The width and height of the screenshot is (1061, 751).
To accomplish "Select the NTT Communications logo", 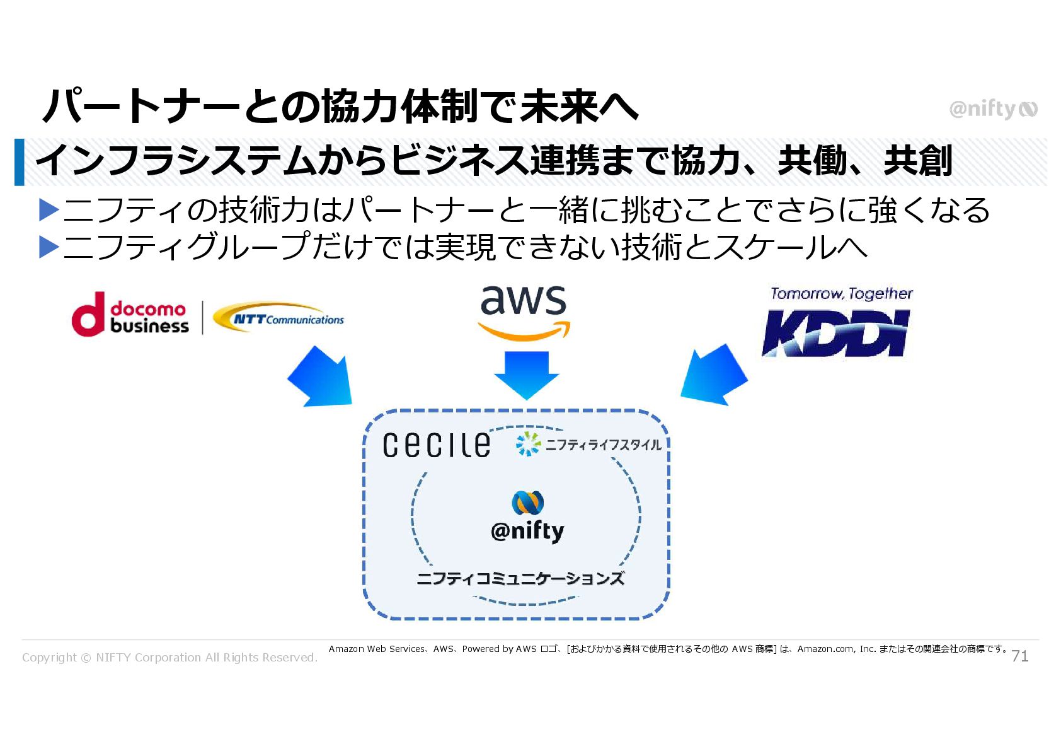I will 278,317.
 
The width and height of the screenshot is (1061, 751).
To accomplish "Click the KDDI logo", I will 835,332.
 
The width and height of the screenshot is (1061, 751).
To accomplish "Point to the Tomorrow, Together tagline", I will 841,294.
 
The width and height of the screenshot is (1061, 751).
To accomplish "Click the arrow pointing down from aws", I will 527,375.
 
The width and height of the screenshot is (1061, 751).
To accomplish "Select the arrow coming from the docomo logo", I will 321,377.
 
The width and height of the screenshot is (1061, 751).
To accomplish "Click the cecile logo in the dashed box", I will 436,445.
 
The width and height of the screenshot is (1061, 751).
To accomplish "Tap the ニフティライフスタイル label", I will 588,445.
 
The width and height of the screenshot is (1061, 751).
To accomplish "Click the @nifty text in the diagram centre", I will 527,531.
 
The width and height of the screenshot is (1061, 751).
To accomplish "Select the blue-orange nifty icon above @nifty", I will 527,502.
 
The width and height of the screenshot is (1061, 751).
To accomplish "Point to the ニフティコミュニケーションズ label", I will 520,578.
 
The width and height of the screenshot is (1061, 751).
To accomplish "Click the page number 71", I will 1019,656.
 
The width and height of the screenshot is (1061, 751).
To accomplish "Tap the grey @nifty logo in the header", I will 992,109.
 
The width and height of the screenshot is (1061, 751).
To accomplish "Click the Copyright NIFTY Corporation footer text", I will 169,657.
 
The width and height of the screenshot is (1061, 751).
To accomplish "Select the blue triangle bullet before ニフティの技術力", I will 49,210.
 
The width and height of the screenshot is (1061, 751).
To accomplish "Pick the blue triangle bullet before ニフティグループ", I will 49,247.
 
